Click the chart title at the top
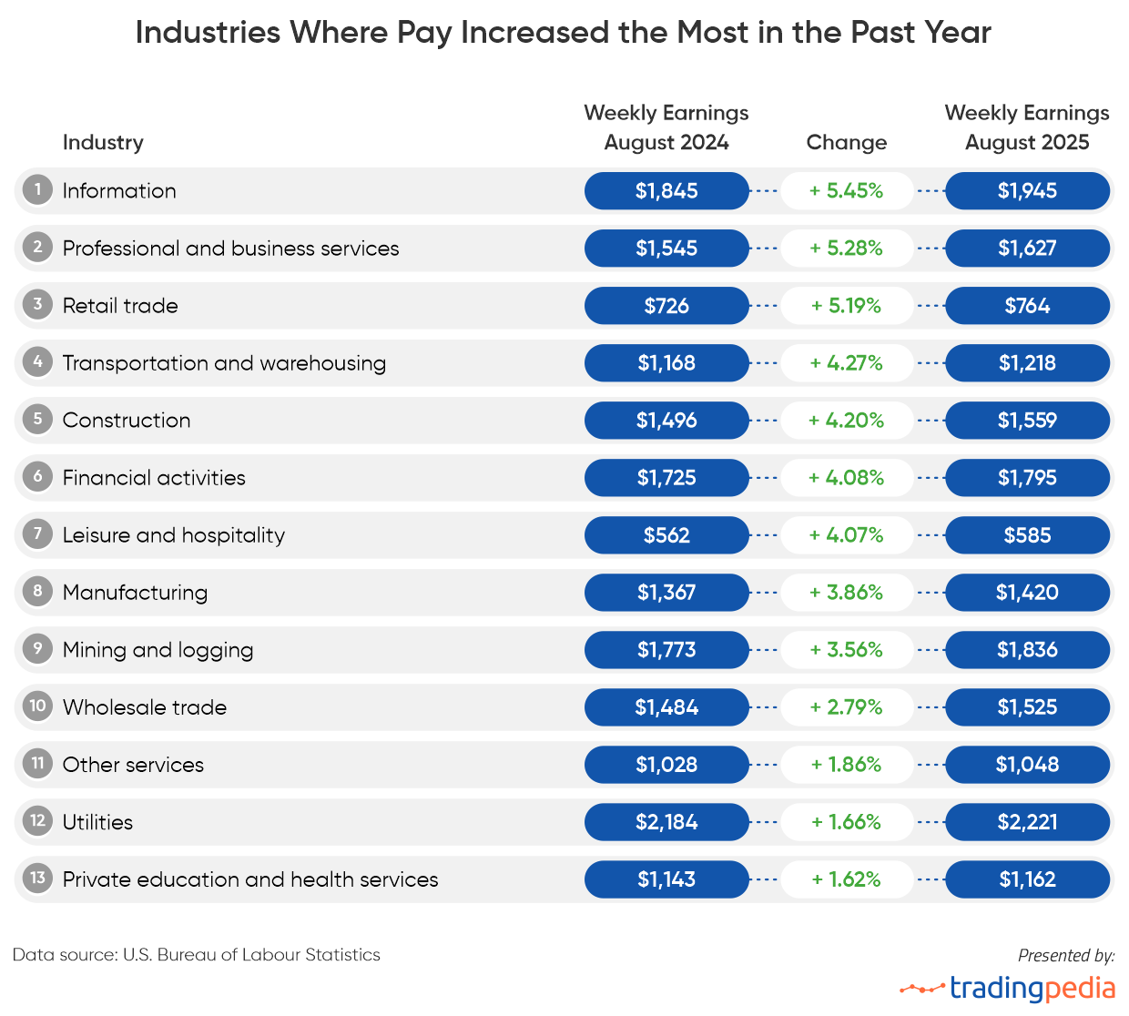pos(563,33)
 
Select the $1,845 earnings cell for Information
pos(666,191)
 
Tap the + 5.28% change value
pos(846,249)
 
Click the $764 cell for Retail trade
pos(1027,306)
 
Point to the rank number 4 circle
pos(37,362)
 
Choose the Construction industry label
pos(127,421)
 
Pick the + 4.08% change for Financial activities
pos(846,478)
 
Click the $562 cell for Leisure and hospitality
pos(666,535)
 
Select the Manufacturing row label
pos(135,593)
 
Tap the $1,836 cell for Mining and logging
pos(1027,650)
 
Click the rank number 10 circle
pos(37,706)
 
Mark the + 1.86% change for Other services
pos(846,765)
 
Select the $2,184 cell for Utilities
pos(666,822)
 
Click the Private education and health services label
pos(250,879)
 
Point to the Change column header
pos(846,143)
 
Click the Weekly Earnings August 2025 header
pos(1027,127)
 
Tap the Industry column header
pos(103,143)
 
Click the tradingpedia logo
pos(1008,988)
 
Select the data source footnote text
pos(197,955)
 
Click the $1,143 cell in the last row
pos(666,879)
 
